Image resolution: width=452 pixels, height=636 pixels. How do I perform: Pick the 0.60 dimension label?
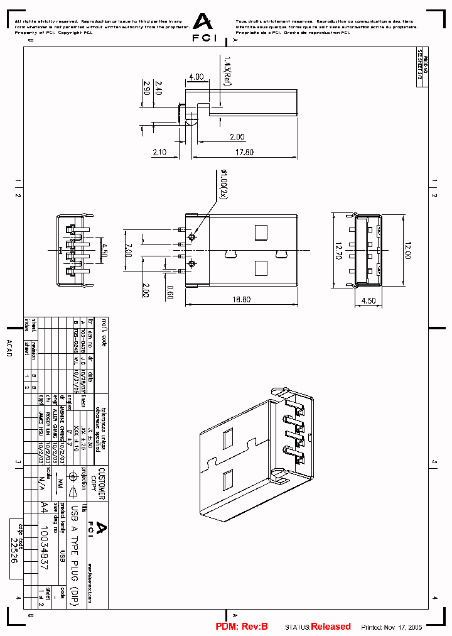169,291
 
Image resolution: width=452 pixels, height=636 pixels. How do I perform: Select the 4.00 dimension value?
196,77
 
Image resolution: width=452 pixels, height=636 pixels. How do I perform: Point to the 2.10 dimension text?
159,152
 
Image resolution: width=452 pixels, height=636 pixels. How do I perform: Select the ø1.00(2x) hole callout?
222,184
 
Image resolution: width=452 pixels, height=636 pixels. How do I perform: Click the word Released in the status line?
331,627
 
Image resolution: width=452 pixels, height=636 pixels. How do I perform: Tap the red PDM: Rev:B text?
242,627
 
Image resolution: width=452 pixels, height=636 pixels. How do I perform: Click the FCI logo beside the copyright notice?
202,28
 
